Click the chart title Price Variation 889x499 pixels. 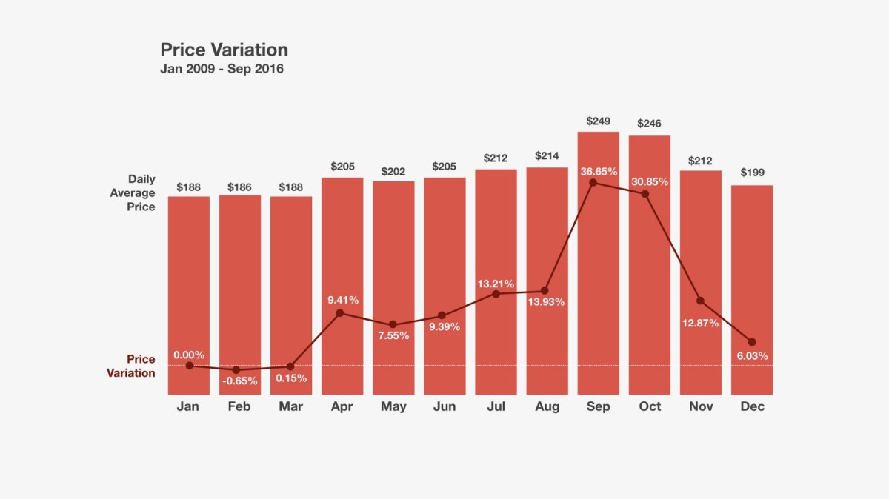(x=224, y=50)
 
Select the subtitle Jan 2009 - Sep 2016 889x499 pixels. (x=222, y=70)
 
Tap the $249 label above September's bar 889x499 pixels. (x=598, y=121)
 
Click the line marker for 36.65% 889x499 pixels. (x=593, y=182)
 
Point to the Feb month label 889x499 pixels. (x=239, y=406)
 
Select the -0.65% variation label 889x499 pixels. (x=240, y=381)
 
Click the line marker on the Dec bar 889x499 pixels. (x=752, y=342)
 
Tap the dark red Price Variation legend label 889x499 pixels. (x=131, y=366)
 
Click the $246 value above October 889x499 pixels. (x=649, y=124)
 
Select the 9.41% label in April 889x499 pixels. (x=343, y=300)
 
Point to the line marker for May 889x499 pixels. (x=393, y=325)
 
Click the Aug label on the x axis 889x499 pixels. (x=547, y=406)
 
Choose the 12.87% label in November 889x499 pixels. (x=700, y=323)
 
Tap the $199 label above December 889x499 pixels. (x=752, y=173)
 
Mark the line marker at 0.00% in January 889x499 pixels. (x=189, y=366)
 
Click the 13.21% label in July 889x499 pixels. (x=496, y=284)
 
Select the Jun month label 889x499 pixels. (x=444, y=406)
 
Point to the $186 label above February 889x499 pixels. (x=240, y=187)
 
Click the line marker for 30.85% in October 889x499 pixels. (x=645, y=194)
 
